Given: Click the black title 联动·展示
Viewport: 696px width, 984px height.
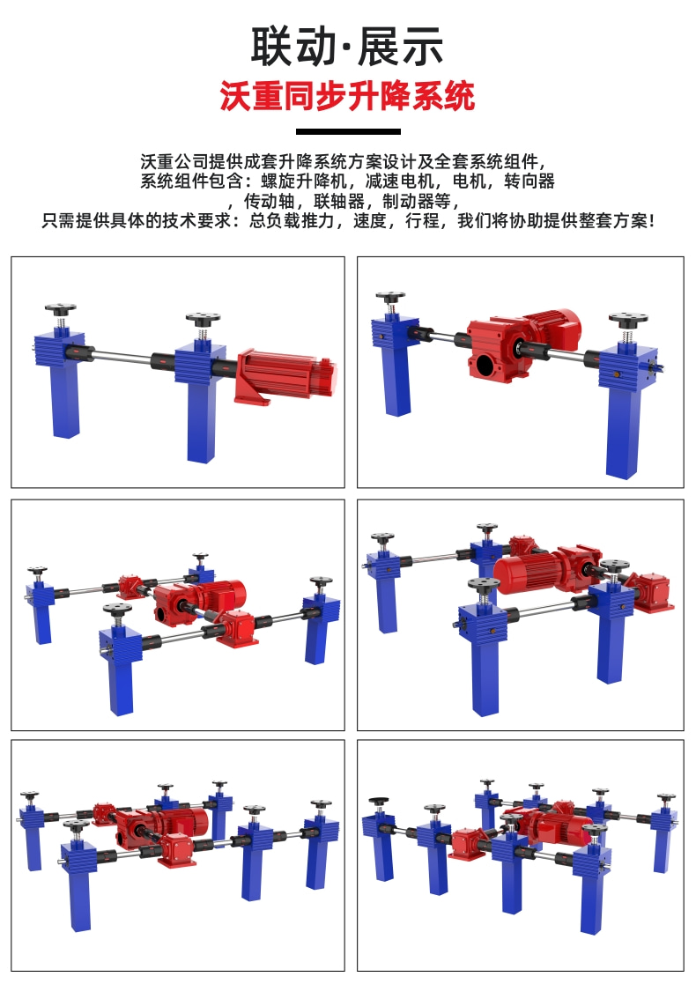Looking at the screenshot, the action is [x=347, y=47].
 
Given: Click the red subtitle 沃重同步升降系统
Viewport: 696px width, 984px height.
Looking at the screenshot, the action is [x=347, y=96].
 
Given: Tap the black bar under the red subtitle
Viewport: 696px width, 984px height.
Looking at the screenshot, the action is [x=348, y=132].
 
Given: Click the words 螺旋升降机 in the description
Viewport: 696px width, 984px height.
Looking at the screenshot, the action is [x=304, y=181].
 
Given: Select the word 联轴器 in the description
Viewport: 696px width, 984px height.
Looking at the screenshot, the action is [x=339, y=201].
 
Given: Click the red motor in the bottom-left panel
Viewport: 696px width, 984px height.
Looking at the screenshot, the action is [x=184, y=820].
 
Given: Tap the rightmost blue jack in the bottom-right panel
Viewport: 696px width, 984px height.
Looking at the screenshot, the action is [x=663, y=832].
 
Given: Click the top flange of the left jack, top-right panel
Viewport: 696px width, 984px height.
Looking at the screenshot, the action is [x=390, y=296].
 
